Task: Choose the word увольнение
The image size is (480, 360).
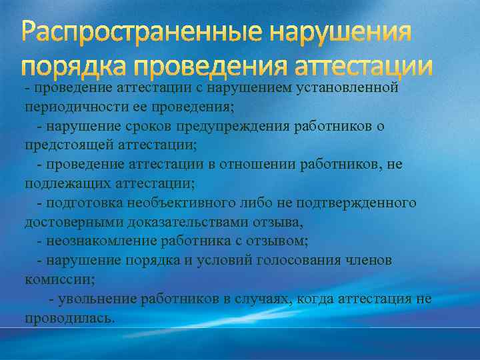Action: point(96,299)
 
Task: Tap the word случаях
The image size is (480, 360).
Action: point(247,299)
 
